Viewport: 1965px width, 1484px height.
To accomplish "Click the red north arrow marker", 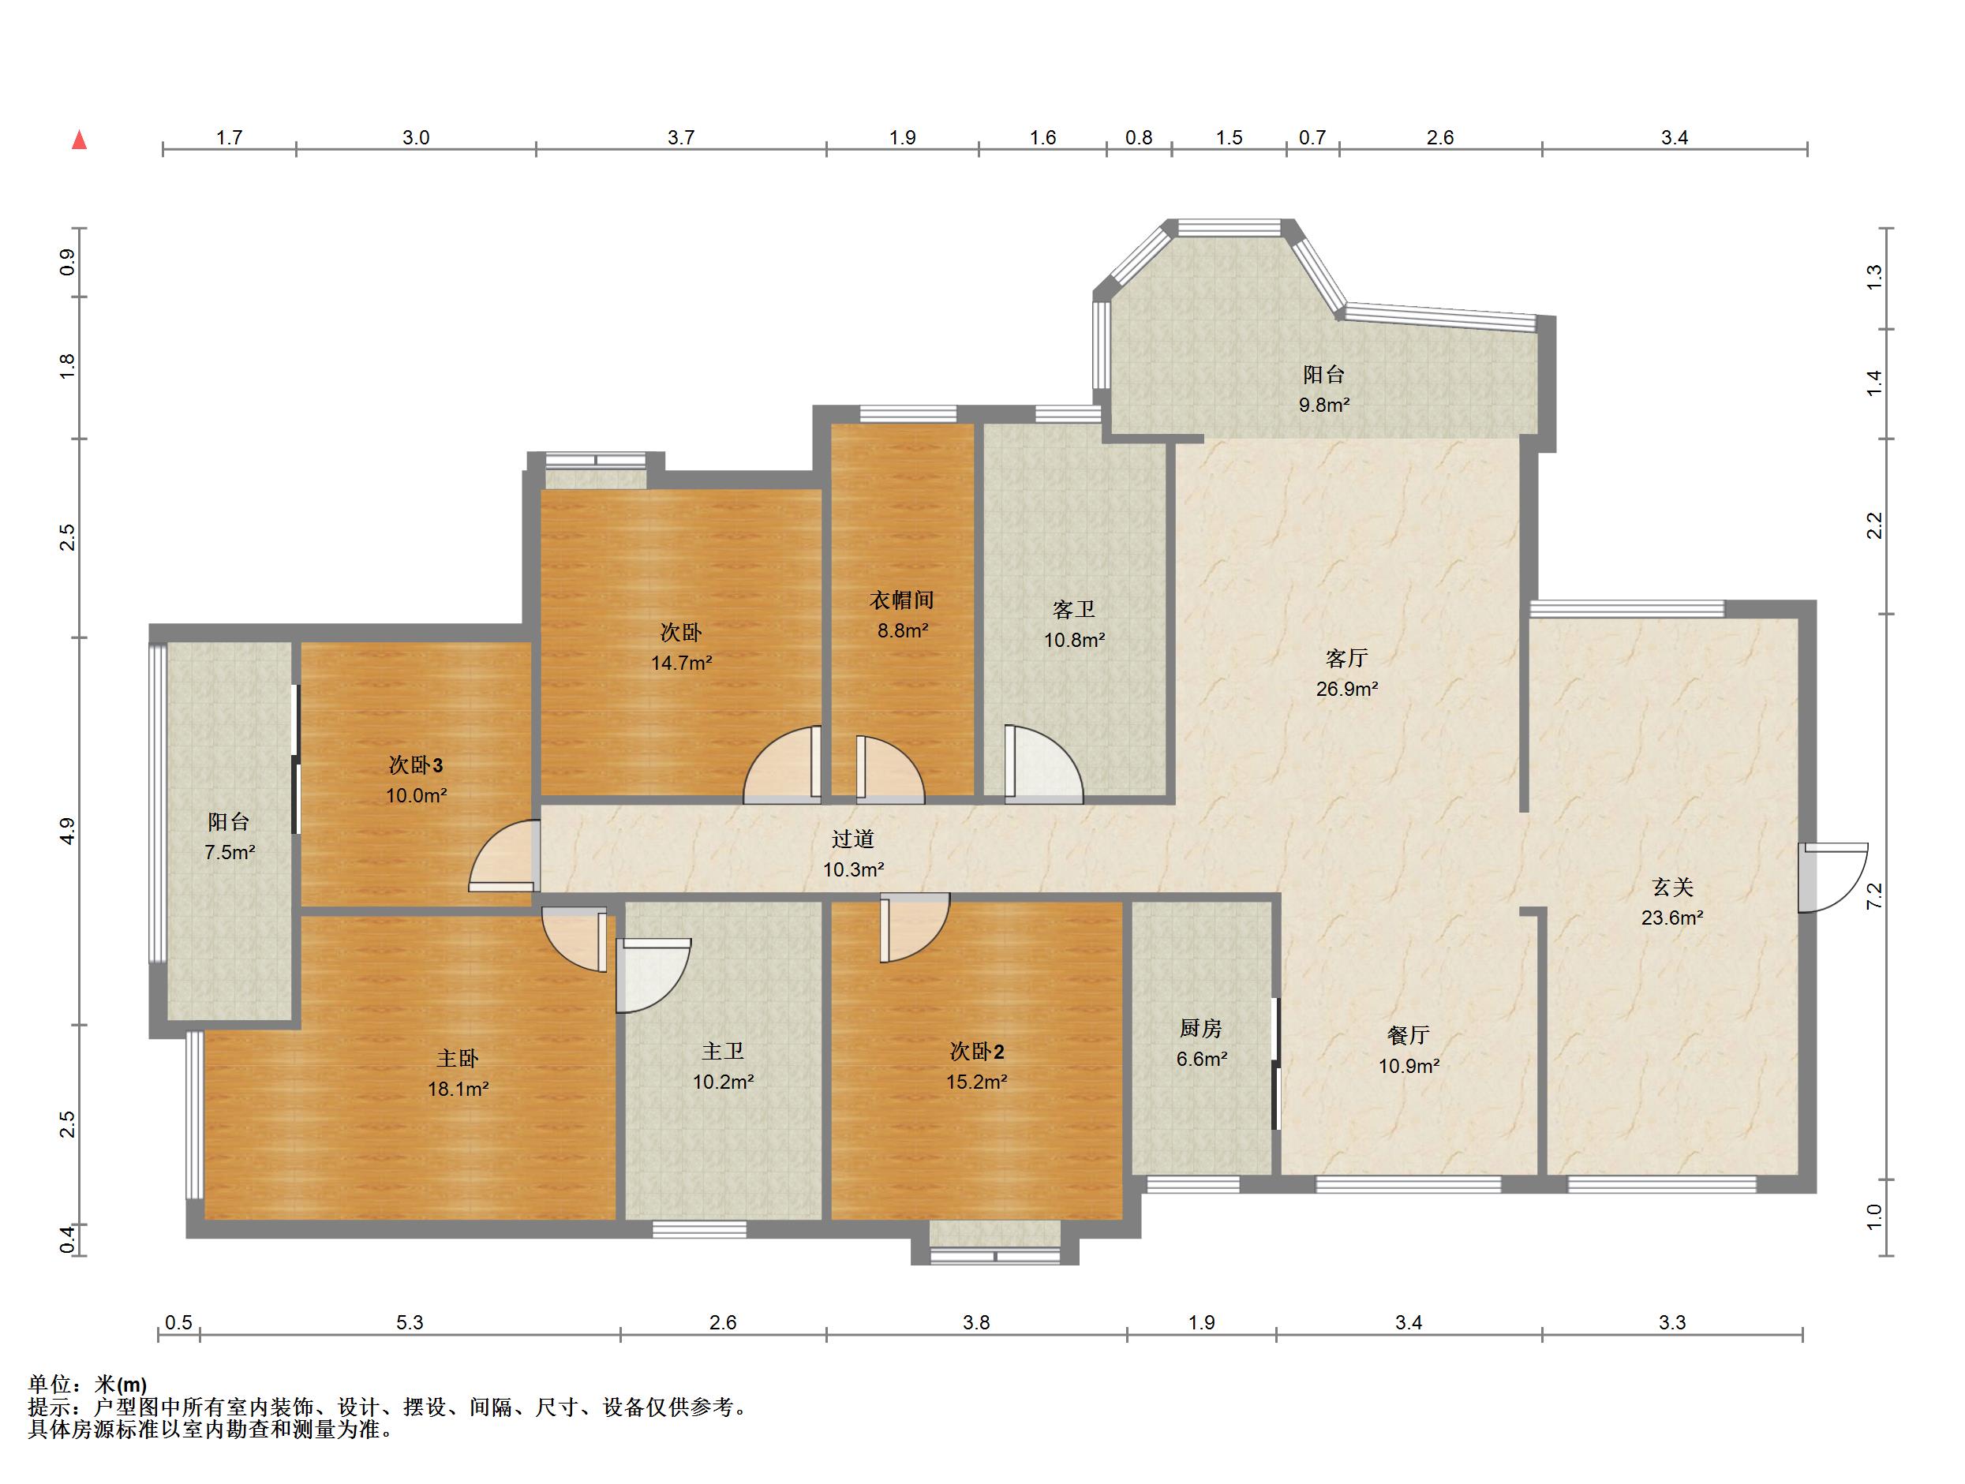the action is point(79,140).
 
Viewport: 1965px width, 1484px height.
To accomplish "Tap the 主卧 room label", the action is point(458,1058).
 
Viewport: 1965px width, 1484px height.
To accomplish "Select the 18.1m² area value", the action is point(458,1088).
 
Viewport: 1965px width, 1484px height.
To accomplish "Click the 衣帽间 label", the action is point(902,600).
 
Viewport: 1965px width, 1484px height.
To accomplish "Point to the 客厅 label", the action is point(1346,658).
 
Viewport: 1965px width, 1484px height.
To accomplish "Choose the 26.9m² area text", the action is point(1347,688).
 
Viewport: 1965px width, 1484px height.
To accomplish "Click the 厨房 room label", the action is point(1201,1029).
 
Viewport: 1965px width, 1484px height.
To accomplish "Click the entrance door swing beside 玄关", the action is point(1832,877).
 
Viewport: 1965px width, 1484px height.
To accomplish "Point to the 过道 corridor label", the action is point(853,839).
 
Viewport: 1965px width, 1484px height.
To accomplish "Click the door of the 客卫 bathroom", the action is point(1043,764).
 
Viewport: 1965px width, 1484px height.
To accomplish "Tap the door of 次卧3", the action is point(503,855).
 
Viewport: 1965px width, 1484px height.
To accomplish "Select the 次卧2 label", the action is point(977,1052).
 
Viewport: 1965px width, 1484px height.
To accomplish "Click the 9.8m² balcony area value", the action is point(1324,405).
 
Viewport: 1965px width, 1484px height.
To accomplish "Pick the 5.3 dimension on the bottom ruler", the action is point(410,1322).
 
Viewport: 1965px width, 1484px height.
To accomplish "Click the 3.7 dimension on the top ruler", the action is point(681,137).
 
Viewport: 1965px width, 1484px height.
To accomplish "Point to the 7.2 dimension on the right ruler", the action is point(1874,896).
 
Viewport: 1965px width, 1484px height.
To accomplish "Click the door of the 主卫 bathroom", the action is point(653,976).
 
